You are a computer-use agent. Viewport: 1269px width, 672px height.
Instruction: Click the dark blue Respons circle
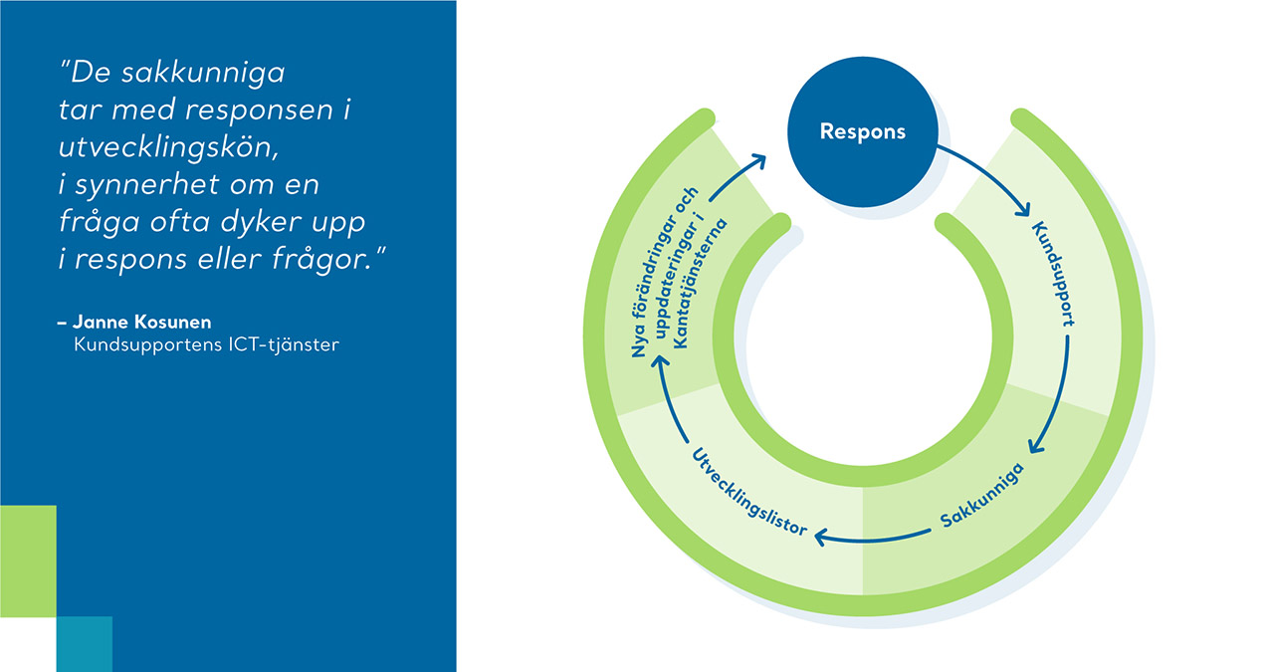[x=862, y=131]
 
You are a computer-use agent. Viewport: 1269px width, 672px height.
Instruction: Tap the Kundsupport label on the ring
[x=1054, y=274]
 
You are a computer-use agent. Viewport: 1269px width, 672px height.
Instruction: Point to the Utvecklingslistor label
[x=747, y=493]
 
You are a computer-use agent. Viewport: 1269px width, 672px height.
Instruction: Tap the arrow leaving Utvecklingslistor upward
[x=665, y=396]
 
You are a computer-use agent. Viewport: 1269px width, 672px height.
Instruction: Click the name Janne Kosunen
[x=142, y=322]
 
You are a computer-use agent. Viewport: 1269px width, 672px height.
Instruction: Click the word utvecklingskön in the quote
[x=168, y=148]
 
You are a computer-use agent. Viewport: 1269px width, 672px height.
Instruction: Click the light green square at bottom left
[x=28, y=560]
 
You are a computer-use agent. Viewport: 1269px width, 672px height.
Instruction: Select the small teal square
[x=85, y=644]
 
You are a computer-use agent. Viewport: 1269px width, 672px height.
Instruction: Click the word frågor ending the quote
[x=321, y=260]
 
